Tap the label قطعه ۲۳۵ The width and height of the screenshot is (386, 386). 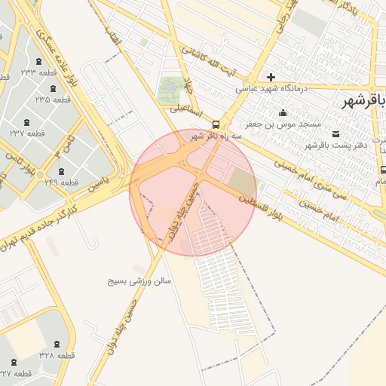pyautogui.click(x=52, y=99)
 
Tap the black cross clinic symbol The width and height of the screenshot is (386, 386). pyautogui.click(x=271, y=77)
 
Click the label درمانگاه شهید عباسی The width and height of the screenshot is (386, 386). pyautogui.click(x=272, y=88)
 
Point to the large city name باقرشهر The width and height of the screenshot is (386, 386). pyautogui.click(x=364, y=100)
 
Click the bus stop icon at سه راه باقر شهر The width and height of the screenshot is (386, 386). pyautogui.click(x=216, y=124)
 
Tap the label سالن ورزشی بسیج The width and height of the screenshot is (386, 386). pyautogui.click(x=141, y=280)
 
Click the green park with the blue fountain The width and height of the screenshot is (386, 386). pyautogui.click(x=170, y=88)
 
